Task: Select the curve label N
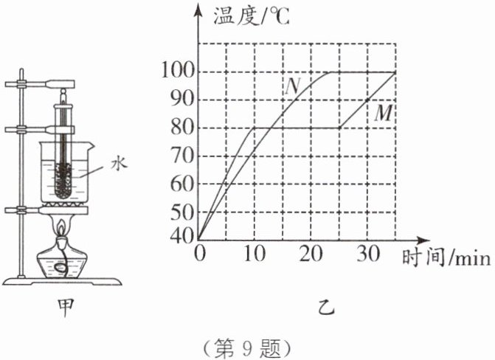point(293,86)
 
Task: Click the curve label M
point(383,113)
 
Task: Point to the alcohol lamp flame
point(62,224)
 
